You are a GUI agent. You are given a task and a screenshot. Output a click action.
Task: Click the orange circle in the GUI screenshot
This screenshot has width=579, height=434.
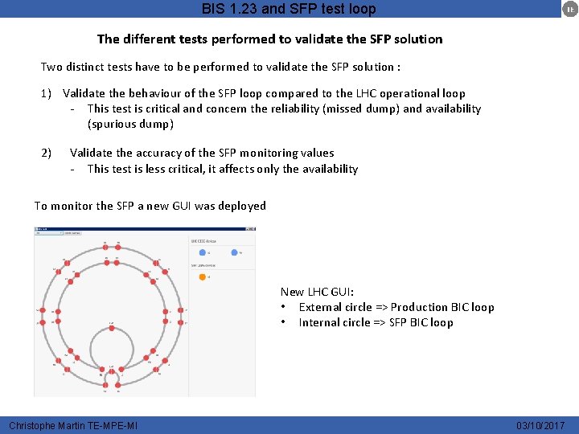coord(202,277)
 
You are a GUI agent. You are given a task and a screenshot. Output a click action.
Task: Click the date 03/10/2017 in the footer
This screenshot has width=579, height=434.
coord(540,425)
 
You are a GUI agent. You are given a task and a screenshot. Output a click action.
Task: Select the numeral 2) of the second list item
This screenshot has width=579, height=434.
coord(47,153)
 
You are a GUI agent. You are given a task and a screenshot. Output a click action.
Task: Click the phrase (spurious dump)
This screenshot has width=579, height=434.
coord(130,124)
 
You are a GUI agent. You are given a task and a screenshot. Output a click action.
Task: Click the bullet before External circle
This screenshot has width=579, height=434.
coord(285,307)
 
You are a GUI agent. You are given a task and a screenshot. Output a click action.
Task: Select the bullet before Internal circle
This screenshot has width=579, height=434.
coord(285,322)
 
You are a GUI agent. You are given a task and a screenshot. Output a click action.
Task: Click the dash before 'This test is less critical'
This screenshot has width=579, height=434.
coord(73,169)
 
